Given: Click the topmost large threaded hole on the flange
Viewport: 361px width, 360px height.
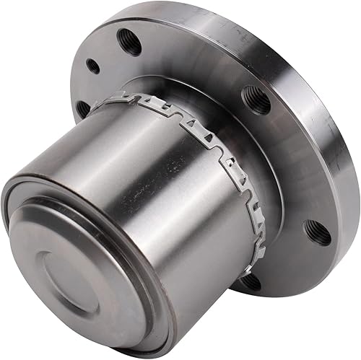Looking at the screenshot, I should pyautogui.click(x=129, y=41).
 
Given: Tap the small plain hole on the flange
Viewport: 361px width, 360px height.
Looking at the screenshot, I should pyautogui.click(x=92, y=66).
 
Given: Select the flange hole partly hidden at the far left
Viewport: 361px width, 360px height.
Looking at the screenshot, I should pyautogui.click(x=82, y=109).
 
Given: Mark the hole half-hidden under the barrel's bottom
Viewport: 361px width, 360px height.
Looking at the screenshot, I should pyautogui.click(x=251, y=281).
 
